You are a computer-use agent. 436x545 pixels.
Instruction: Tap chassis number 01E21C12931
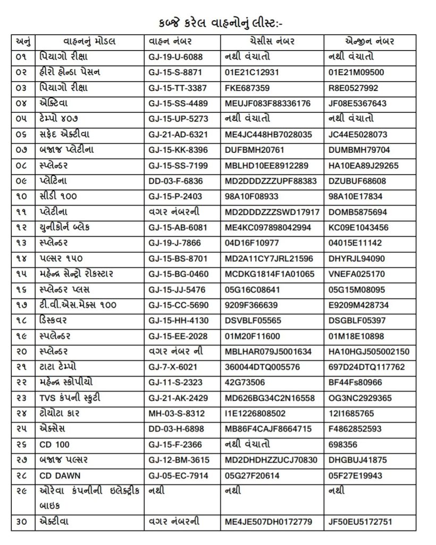click(x=251, y=72)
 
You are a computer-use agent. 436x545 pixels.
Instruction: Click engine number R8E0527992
click(x=354, y=87)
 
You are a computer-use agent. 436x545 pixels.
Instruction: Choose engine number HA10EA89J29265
click(x=364, y=166)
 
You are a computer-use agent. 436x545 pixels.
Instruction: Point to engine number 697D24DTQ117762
click(x=367, y=367)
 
